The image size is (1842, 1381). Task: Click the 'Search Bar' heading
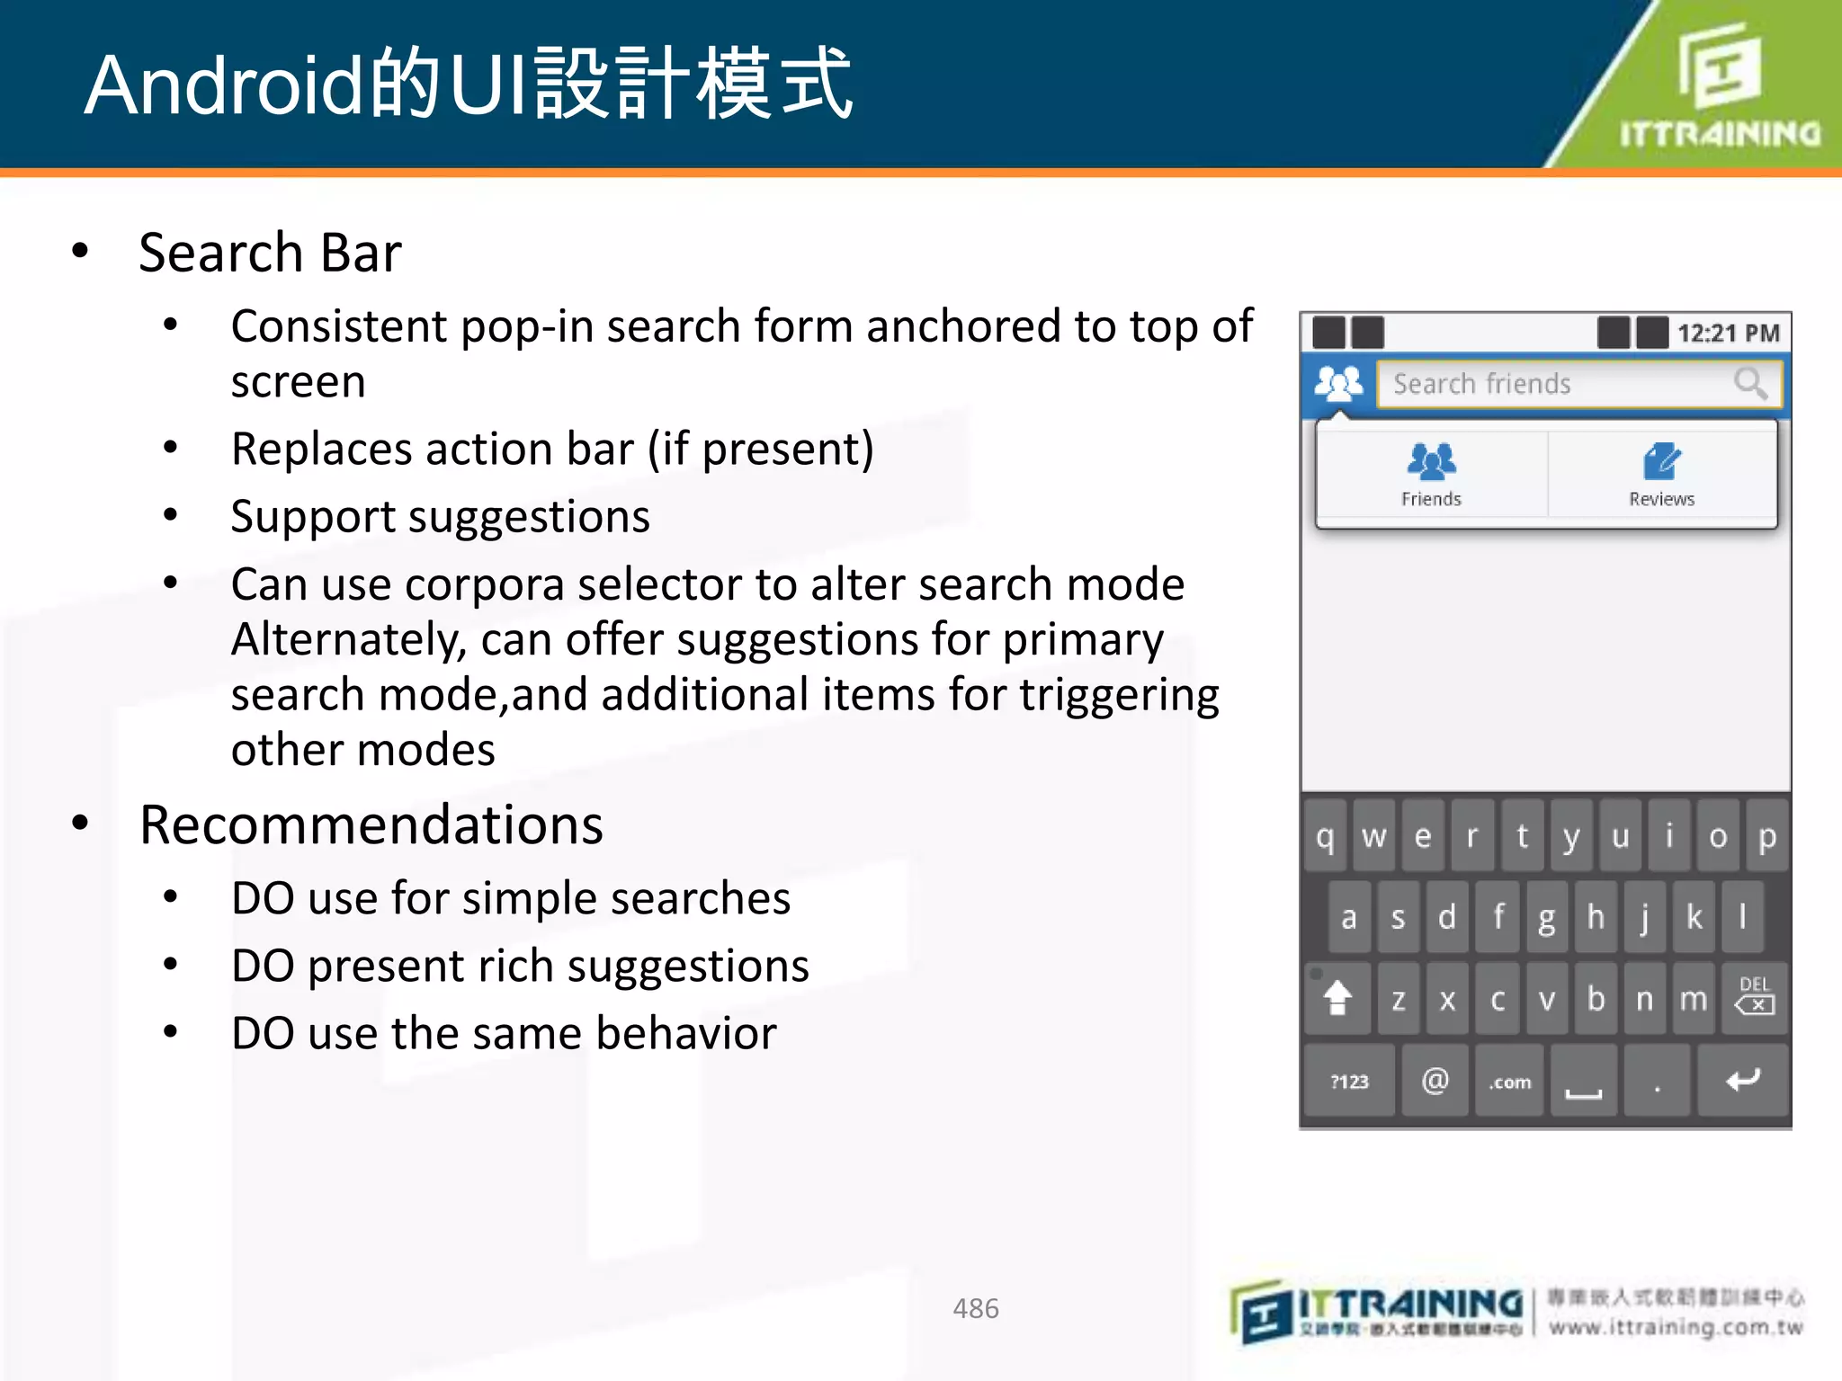tap(270, 253)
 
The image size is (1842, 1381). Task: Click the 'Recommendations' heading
tap(371, 824)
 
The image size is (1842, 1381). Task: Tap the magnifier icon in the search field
tap(1749, 384)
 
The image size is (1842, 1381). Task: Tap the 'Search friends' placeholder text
tap(1481, 384)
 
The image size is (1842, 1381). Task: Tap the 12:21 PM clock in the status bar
tap(1728, 334)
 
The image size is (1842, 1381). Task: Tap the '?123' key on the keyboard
tap(1349, 1082)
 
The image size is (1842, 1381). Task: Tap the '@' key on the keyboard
tap(1435, 1080)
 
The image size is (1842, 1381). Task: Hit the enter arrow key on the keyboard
tap(1742, 1080)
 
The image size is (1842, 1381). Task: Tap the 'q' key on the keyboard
tap(1325, 837)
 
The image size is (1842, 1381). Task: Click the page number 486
tap(975, 1308)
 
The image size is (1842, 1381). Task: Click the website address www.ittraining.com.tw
tap(1676, 1328)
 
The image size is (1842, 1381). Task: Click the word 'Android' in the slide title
tap(225, 85)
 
